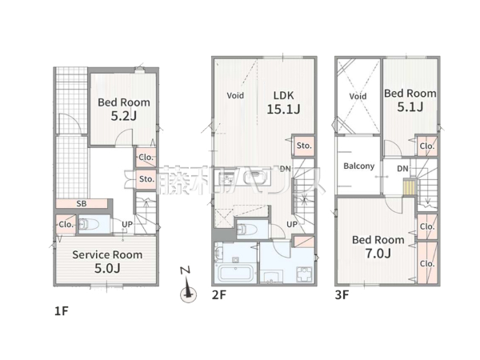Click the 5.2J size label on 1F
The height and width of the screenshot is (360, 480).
(123, 116)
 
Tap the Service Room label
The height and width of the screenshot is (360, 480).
(107, 254)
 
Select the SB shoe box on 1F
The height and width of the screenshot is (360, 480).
(82, 203)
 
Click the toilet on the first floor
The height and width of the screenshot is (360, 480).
(89, 225)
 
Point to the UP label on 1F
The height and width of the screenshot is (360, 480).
(127, 224)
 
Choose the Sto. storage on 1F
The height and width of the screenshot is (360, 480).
(146, 178)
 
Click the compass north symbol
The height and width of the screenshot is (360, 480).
(188, 285)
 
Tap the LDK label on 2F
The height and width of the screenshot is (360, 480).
(283, 95)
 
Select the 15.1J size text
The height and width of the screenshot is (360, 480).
(283, 110)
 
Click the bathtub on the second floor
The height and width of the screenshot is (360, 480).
(235, 274)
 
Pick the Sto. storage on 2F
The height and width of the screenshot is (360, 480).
(304, 146)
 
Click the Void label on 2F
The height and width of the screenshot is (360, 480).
(235, 95)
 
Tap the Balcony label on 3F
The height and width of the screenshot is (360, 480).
(358, 166)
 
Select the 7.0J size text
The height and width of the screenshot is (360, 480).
(378, 254)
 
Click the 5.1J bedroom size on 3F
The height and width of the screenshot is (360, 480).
(410, 107)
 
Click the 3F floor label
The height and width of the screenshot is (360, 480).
(342, 294)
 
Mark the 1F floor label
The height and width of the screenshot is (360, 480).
(62, 311)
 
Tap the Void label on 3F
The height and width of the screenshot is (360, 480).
(358, 97)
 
